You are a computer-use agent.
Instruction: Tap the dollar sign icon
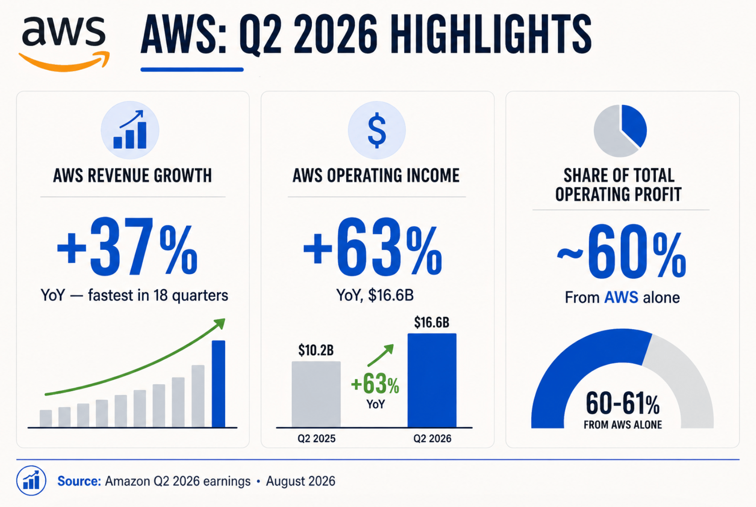click(x=377, y=131)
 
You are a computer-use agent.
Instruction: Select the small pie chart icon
click(x=620, y=131)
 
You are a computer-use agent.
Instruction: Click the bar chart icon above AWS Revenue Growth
click(x=130, y=131)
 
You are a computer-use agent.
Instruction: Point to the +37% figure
click(x=127, y=247)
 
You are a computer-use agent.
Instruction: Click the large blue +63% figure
click(x=373, y=247)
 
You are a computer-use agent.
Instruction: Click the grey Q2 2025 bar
click(x=316, y=394)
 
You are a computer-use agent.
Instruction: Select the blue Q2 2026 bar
click(x=432, y=380)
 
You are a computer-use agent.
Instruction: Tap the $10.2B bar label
click(x=316, y=350)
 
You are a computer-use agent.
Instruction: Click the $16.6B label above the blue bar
click(x=432, y=322)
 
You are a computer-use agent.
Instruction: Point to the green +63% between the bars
click(x=375, y=385)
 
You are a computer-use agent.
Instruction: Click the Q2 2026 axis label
click(x=433, y=439)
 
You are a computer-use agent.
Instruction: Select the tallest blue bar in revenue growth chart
click(x=218, y=384)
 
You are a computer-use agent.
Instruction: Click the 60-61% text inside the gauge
click(x=623, y=403)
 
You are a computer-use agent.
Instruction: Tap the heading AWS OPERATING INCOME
click(x=376, y=176)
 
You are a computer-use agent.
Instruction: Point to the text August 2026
click(x=301, y=481)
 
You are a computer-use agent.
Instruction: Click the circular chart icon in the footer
click(x=31, y=481)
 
